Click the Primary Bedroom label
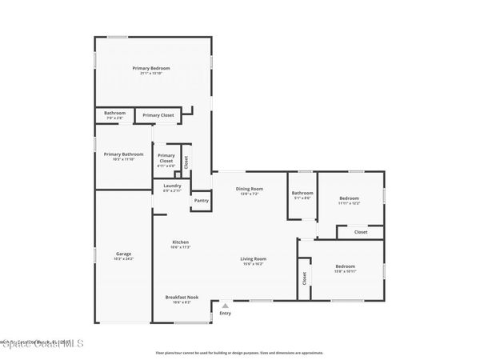pyautogui.click(x=151, y=68)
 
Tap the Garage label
pyautogui.click(x=123, y=254)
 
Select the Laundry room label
pyautogui.click(x=172, y=186)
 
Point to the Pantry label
pyautogui.click(x=201, y=201)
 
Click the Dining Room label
pyautogui.click(x=249, y=189)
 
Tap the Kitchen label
pyautogui.click(x=180, y=242)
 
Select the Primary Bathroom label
pyautogui.click(x=123, y=154)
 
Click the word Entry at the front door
pyautogui.click(x=225, y=313)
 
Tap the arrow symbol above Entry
pyautogui.click(x=225, y=305)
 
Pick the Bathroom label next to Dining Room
pyautogui.click(x=302, y=192)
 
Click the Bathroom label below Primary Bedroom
pyautogui.click(x=114, y=113)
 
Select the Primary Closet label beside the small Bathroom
pyautogui.click(x=158, y=115)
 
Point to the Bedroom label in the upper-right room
pyautogui.click(x=349, y=198)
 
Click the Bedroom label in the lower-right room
pyautogui.click(x=345, y=266)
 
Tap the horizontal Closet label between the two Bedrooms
pyautogui.click(x=361, y=232)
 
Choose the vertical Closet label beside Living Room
pyautogui.click(x=305, y=278)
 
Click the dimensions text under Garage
pyautogui.click(x=123, y=259)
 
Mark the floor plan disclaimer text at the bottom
pyautogui.click(x=240, y=352)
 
